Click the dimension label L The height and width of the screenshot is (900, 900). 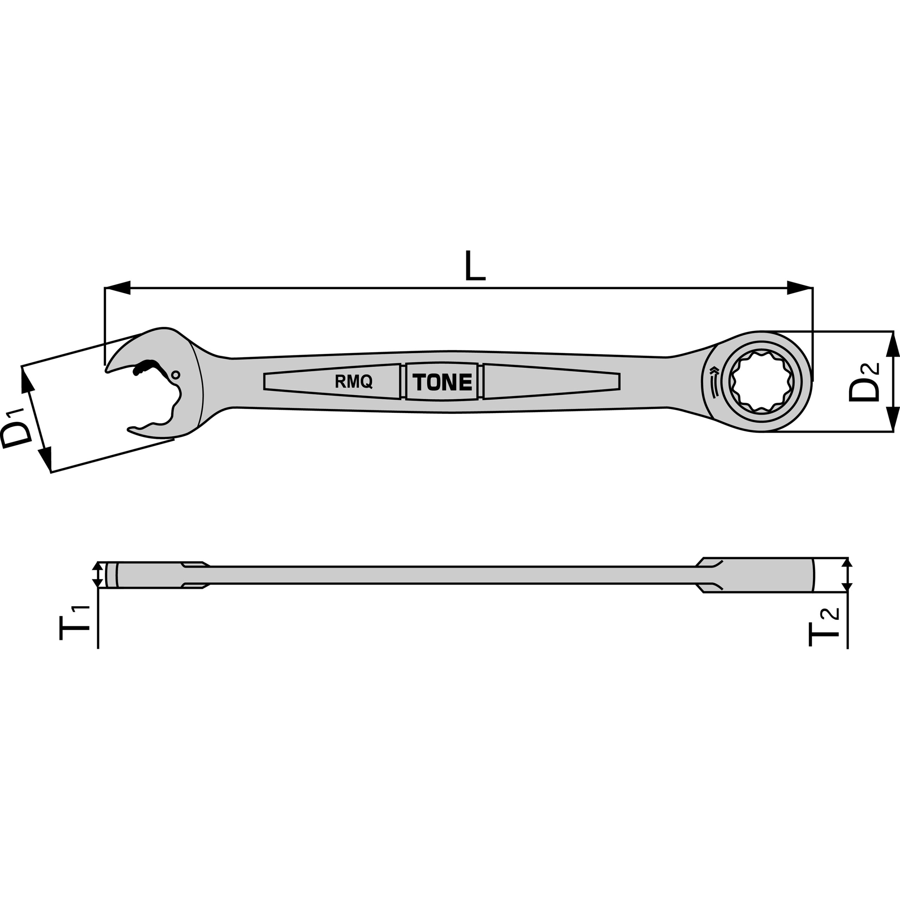click(475, 265)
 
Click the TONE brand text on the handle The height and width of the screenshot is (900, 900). click(442, 382)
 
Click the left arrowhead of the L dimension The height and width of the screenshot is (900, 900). click(118, 288)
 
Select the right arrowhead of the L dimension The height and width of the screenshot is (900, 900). click(799, 288)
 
